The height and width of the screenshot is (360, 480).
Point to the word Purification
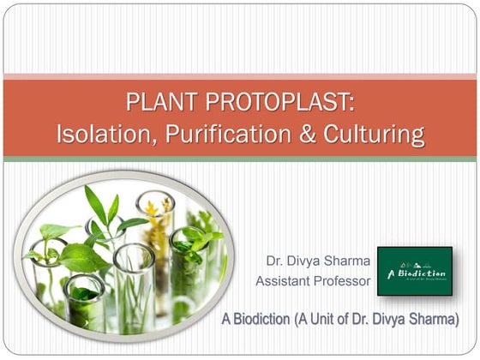(219, 134)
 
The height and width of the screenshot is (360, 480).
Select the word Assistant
(285, 280)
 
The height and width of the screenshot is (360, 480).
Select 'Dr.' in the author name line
(275, 260)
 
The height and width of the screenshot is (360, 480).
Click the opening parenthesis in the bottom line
(297, 320)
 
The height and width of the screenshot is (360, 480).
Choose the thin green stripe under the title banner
(240, 159)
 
